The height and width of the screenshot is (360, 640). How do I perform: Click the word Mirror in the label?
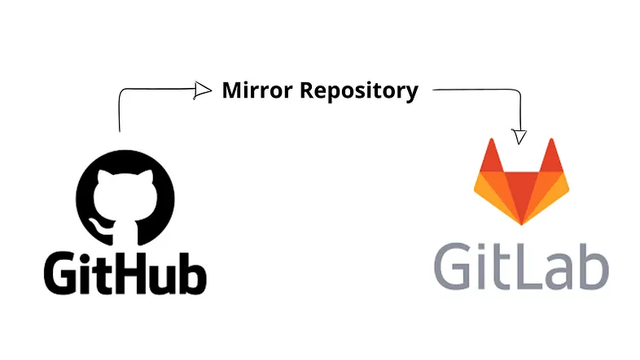pos(257,90)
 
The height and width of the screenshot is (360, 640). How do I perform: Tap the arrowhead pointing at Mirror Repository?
pos(203,90)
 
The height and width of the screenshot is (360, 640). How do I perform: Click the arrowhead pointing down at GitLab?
pos(519,136)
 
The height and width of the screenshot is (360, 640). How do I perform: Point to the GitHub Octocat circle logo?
pos(125,198)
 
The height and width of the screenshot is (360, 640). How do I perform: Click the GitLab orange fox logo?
pos(521,182)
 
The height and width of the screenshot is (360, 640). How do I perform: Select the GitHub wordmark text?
pos(125,272)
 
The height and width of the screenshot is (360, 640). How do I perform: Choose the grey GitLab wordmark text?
pos(521,266)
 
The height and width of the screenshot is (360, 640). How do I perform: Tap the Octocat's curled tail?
pos(99,227)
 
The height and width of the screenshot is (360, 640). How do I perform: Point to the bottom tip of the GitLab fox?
pos(521,225)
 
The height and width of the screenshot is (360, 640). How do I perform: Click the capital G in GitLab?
pos(452,266)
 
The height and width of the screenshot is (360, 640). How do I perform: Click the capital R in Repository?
pos(307,90)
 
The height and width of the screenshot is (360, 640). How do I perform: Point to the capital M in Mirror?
pos(233,90)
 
